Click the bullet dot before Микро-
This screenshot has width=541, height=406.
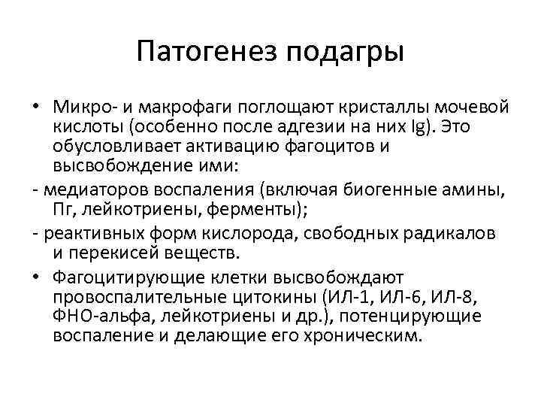(36, 104)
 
